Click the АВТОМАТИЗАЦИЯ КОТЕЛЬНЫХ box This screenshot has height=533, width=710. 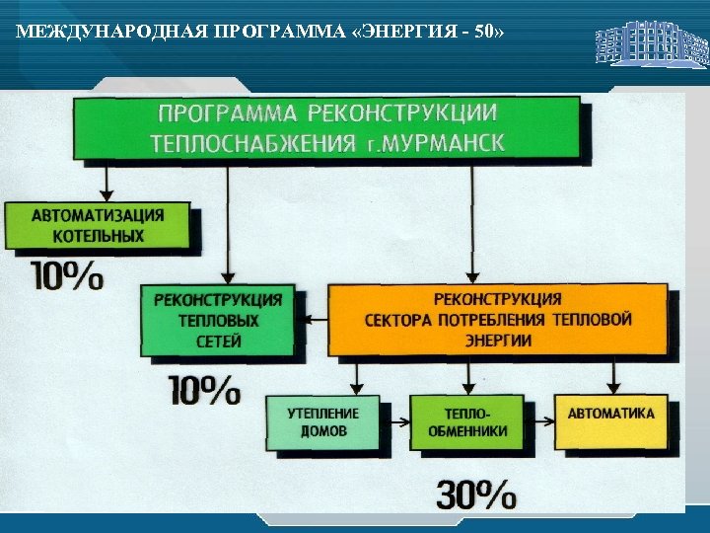point(100,225)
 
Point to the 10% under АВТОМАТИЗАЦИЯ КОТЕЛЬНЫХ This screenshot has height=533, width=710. point(68,275)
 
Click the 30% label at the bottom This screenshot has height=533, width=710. point(476,495)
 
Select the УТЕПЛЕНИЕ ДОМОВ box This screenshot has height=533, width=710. point(322,422)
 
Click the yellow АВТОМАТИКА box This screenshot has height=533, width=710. point(610,415)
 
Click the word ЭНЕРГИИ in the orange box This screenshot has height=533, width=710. point(498,341)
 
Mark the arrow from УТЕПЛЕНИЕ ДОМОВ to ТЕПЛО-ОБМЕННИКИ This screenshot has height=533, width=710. point(395,423)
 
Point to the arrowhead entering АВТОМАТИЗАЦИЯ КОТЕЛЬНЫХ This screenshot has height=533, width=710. point(104,194)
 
